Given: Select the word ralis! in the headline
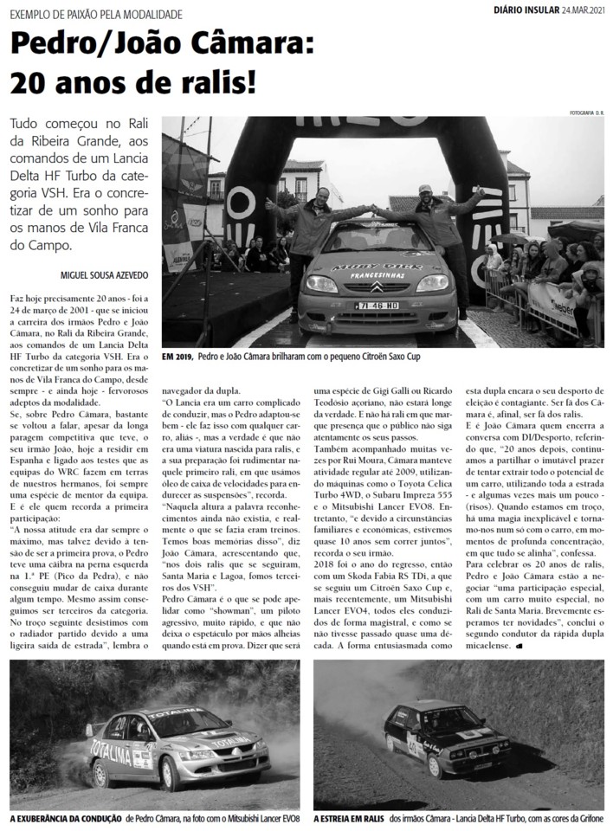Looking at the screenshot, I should tap(212, 81).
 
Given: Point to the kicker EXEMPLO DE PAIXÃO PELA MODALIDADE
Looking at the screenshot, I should tap(96, 15).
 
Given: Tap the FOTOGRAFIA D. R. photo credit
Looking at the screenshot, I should tap(586, 114).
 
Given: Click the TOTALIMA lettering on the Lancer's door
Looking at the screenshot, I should tap(113, 755).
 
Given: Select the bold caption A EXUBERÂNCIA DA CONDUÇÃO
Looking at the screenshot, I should tap(66, 818).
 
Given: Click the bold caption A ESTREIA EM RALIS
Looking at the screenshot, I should tap(348, 818).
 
